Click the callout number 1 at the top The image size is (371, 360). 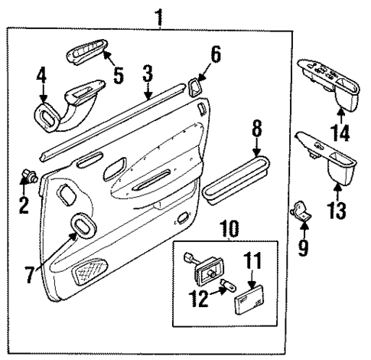(x=160, y=14)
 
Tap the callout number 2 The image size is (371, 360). (x=24, y=205)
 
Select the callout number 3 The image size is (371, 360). (x=148, y=74)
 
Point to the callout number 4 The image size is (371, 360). (x=42, y=77)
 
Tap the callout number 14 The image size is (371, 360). (x=340, y=133)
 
